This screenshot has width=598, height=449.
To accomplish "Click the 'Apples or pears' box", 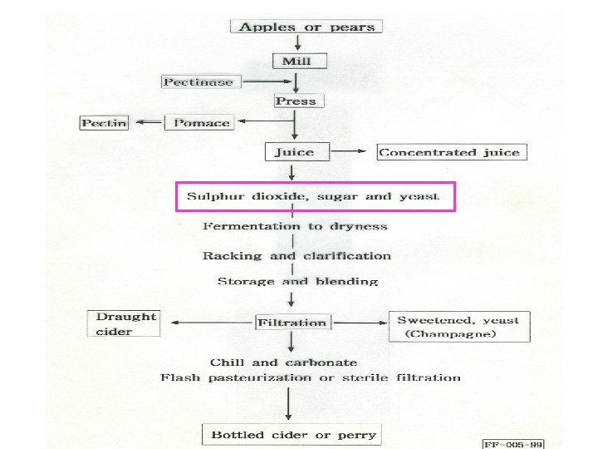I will (306, 27).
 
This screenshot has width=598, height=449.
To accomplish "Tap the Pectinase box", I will (198, 81).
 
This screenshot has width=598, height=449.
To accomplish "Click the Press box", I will (296, 101).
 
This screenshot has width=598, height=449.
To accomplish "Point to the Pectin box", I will (104, 123).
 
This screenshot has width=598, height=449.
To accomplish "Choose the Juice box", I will (295, 152).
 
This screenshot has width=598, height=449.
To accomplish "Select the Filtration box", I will (292, 323).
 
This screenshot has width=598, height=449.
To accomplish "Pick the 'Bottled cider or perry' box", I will (293, 434).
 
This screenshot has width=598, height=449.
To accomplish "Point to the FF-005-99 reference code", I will (511, 444).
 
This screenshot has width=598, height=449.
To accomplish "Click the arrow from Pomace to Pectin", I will (149, 122).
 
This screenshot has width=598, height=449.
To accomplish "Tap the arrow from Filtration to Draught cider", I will (208, 323).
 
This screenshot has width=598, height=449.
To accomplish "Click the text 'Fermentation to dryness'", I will (295, 225).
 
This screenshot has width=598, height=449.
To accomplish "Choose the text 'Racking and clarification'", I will (297, 255).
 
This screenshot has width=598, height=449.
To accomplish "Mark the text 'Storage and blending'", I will (297, 281).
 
